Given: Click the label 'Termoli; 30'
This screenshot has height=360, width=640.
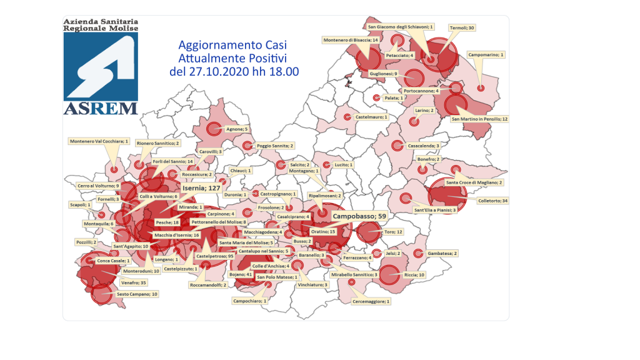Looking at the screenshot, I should (x=462, y=27).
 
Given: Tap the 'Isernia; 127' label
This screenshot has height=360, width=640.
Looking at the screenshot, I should (x=202, y=187).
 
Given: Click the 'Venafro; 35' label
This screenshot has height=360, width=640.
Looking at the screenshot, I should (x=134, y=282).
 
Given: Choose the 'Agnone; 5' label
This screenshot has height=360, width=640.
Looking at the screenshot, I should (x=237, y=129).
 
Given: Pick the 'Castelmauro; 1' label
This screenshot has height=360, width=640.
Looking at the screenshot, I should (x=371, y=117).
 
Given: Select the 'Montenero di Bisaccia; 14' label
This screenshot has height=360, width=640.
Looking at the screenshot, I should (x=351, y=40).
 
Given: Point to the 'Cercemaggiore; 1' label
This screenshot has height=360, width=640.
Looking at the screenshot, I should (x=371, y=301).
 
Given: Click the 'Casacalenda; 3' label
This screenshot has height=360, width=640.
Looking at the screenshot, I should (x=424, y=146).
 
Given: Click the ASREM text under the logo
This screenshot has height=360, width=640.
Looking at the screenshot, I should (x=101, y=108).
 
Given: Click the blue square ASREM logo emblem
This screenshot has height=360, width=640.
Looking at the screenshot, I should (x=101, y=66).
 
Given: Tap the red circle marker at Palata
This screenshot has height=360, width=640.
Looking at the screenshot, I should (x=376, y=98).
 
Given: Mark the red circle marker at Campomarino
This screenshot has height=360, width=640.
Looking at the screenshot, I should (x=480, y=88).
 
